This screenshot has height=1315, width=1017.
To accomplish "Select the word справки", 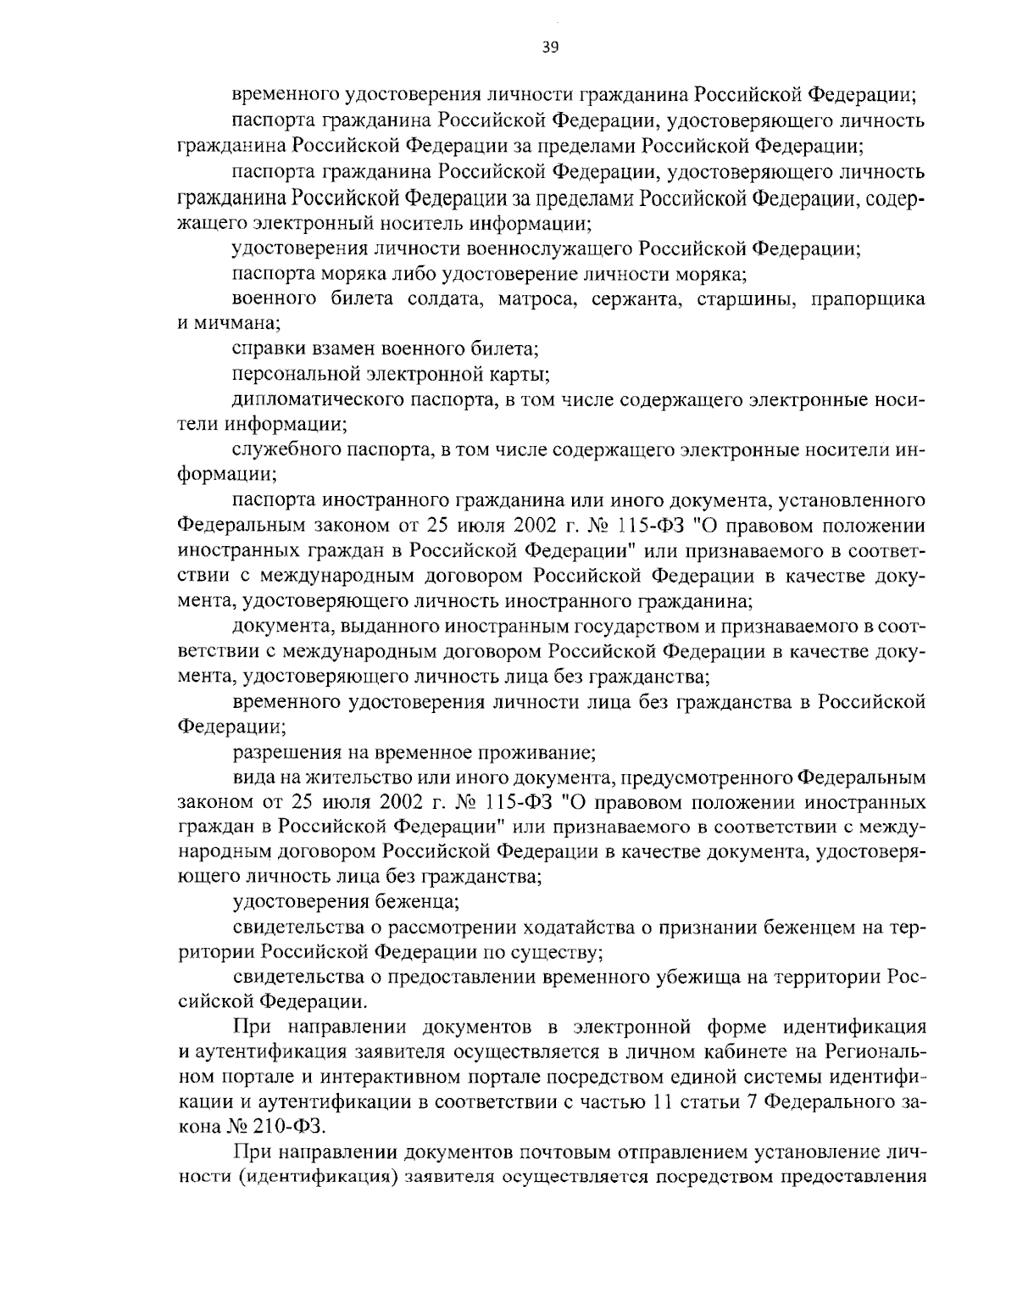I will (264, 348).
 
